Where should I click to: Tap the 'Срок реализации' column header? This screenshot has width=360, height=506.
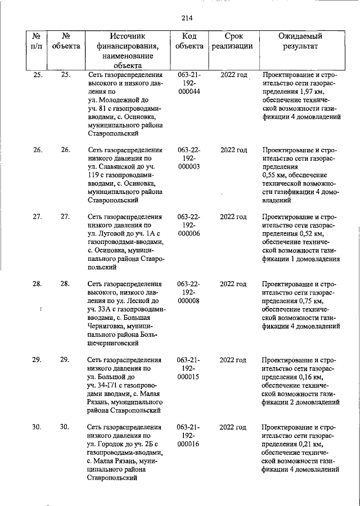(x=232, y=41)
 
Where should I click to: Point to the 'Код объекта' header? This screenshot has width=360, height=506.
(x=189, y=41)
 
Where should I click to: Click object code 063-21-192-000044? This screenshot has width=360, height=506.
(x=189, y=83)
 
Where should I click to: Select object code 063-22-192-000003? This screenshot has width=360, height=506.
(x=189, y=159)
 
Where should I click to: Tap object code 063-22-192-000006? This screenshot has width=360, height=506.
(x=189, y=225)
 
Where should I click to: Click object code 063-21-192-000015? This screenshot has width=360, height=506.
(x=189, y=369)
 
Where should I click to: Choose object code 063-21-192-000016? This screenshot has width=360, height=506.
(x=189, y=436)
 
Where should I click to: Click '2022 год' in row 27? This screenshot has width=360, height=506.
(x=233, y=217)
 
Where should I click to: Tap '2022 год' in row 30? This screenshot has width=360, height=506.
(x=233, y=427)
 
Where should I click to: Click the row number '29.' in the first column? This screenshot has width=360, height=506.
(x=37, y=360)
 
